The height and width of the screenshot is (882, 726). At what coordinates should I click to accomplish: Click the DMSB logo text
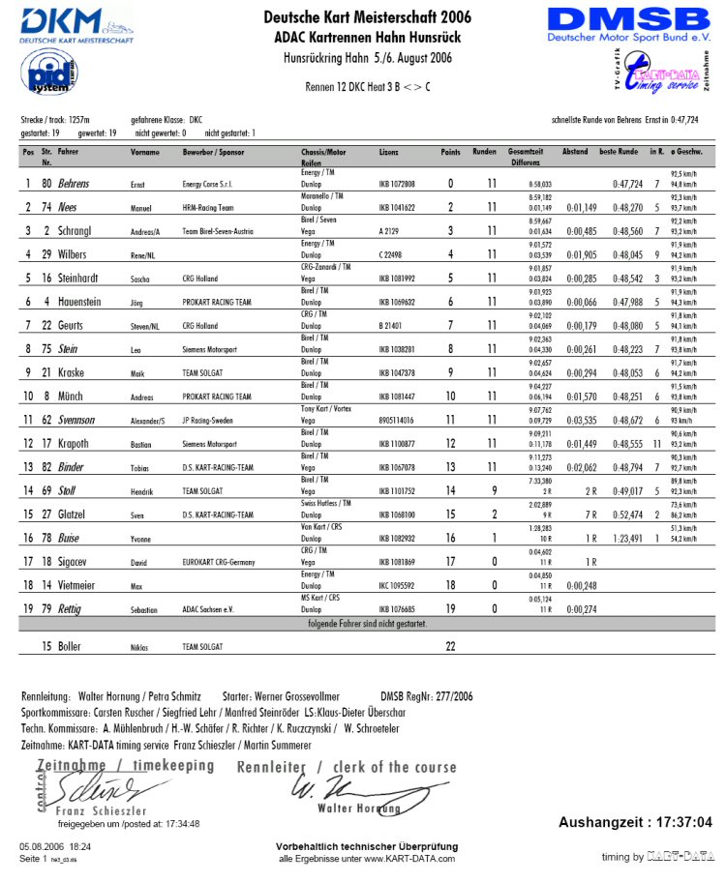click(628, 21)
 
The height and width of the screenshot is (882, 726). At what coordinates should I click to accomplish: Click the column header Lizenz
click(388, 152)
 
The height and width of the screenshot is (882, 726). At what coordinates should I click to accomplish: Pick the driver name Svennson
click(76, 420)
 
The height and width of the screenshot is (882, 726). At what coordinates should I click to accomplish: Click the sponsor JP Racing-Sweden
click(211, 421)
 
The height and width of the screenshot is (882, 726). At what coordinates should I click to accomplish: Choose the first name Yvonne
click(143, 540)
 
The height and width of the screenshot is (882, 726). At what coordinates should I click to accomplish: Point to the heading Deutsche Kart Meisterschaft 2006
click(367, 16)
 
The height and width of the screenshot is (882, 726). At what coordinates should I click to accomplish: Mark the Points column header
click(450, 152)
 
